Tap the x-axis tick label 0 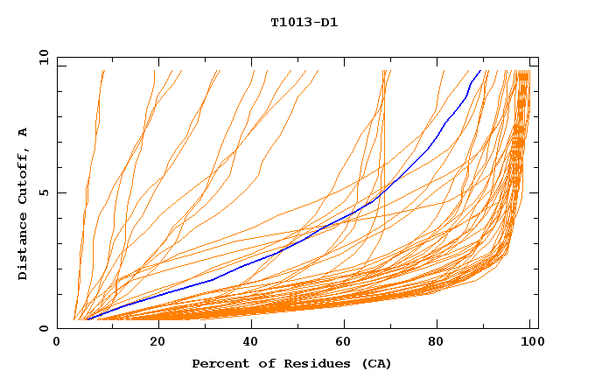[57, 342]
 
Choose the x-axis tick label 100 [530, 342]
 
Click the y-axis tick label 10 [43, 57]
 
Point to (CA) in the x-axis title [375, 364]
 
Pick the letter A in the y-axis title [23, 132]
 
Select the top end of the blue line [480, 70]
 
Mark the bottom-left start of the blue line [87, 319]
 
